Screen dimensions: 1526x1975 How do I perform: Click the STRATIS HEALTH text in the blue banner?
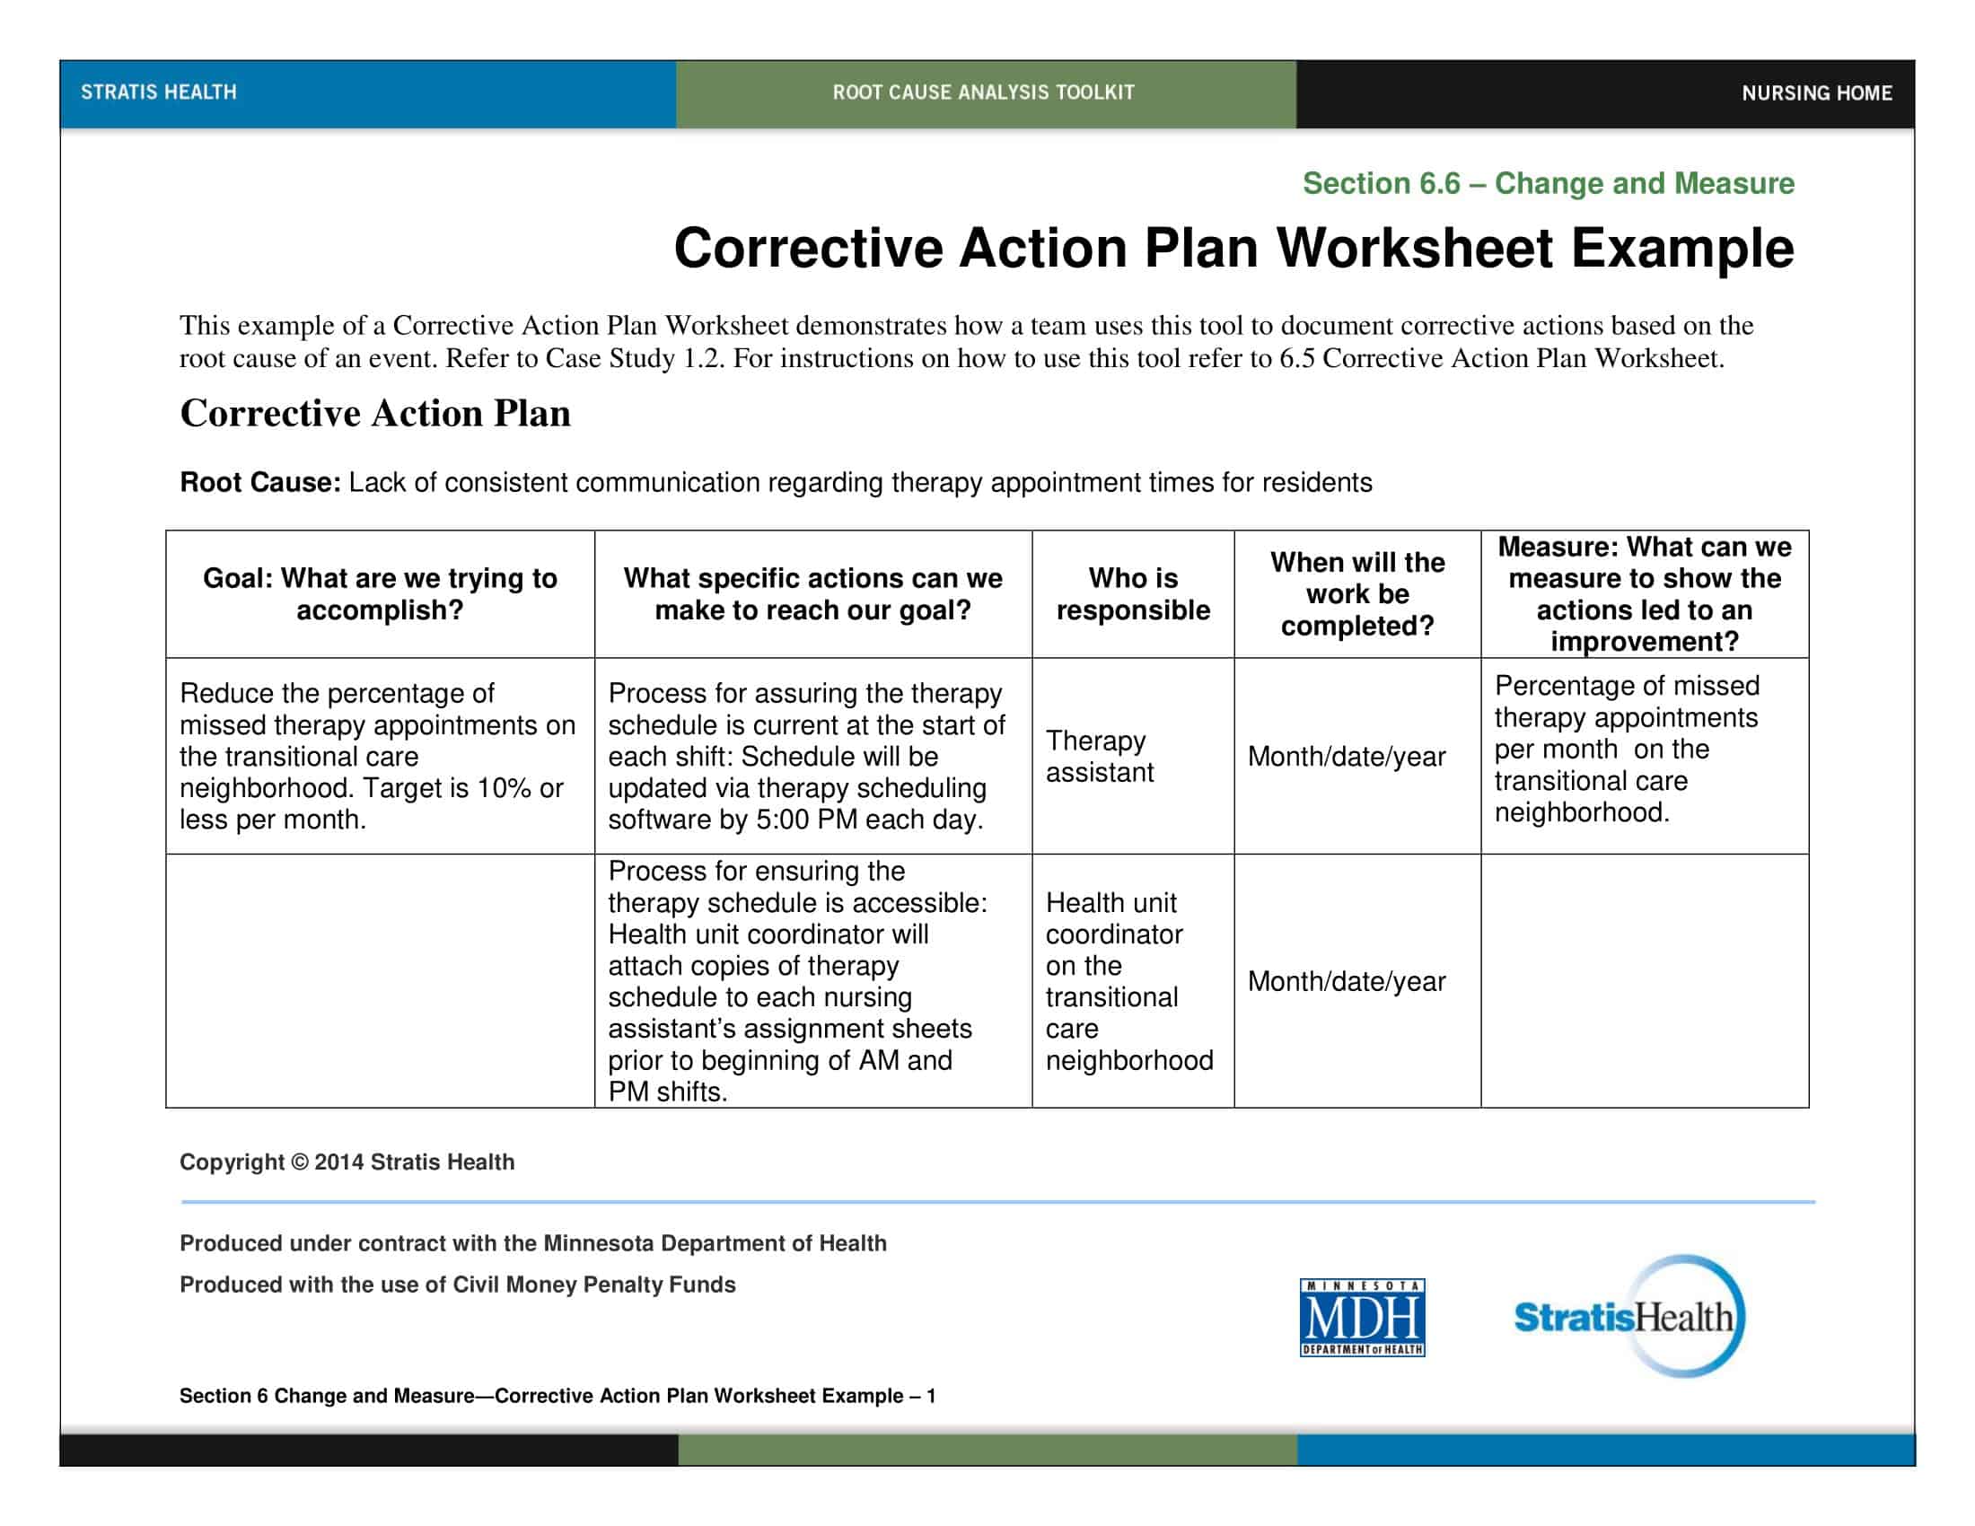pos(158,92)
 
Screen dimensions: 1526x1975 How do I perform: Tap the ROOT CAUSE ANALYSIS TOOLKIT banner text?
pos(983,92)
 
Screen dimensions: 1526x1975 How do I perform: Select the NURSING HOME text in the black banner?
pos(1816,93)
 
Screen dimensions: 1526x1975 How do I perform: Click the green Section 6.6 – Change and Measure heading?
pos(1548,183)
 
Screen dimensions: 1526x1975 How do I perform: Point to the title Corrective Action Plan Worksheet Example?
pos(1233,248)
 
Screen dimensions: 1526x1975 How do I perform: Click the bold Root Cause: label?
pos(259,483)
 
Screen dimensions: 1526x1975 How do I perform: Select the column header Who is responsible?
pos(1132,594)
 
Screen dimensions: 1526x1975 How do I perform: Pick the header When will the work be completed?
pos(1356,594)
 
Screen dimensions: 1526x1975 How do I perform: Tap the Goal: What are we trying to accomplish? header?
pos(380,594)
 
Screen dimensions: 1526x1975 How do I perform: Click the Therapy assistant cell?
pos(1099,756)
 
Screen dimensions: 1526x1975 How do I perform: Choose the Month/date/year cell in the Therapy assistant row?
pos(1347,757)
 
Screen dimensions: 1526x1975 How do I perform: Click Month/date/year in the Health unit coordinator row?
pos(1347,981)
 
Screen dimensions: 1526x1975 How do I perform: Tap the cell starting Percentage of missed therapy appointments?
pos(1626,749)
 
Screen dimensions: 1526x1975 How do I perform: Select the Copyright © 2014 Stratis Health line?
pos(347,1162)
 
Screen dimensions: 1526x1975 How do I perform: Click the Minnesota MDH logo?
pos(1362,1317)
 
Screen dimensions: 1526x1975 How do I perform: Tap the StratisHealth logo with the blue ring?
pos(1628,1316)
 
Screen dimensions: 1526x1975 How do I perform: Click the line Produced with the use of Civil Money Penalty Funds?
pos(457,1285)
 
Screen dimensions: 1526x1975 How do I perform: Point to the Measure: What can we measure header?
pos(1644,594)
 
